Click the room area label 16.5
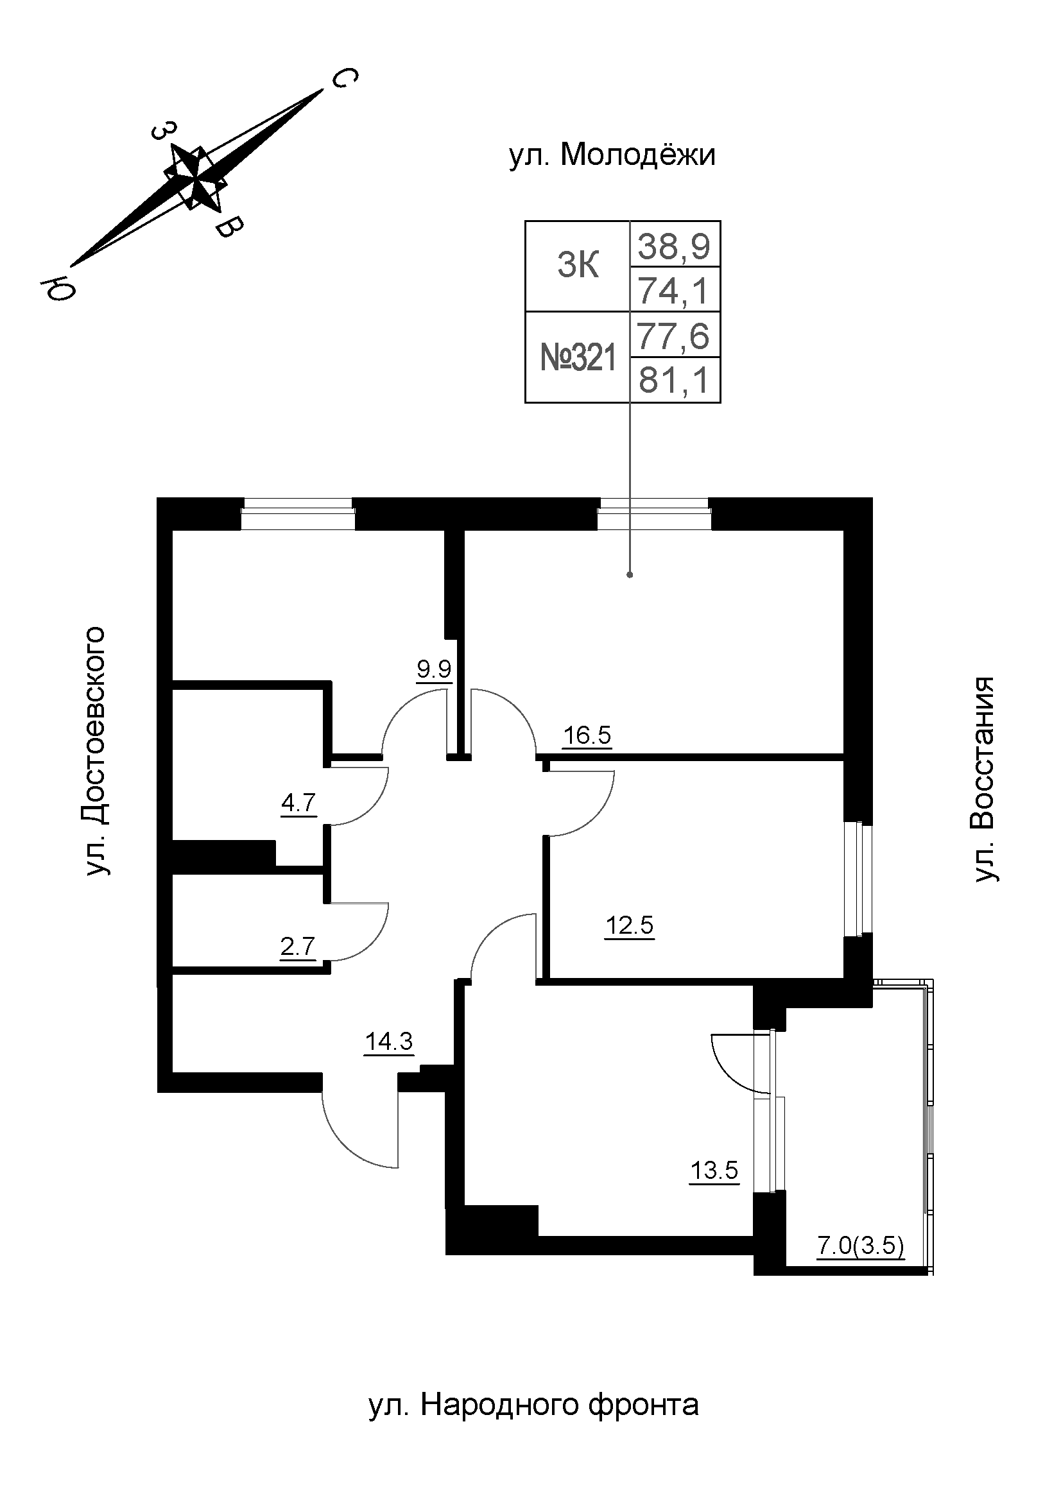point(587,735)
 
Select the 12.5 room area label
point(629,925)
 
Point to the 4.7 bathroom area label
point(298,802)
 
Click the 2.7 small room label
point(297,946)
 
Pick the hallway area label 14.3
point(389,1041)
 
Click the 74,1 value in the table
point(674,290)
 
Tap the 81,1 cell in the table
point(674,381)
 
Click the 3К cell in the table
point(578,267)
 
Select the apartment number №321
point(578,358)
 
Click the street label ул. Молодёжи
point(612,155)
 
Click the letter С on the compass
point(344,78)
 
